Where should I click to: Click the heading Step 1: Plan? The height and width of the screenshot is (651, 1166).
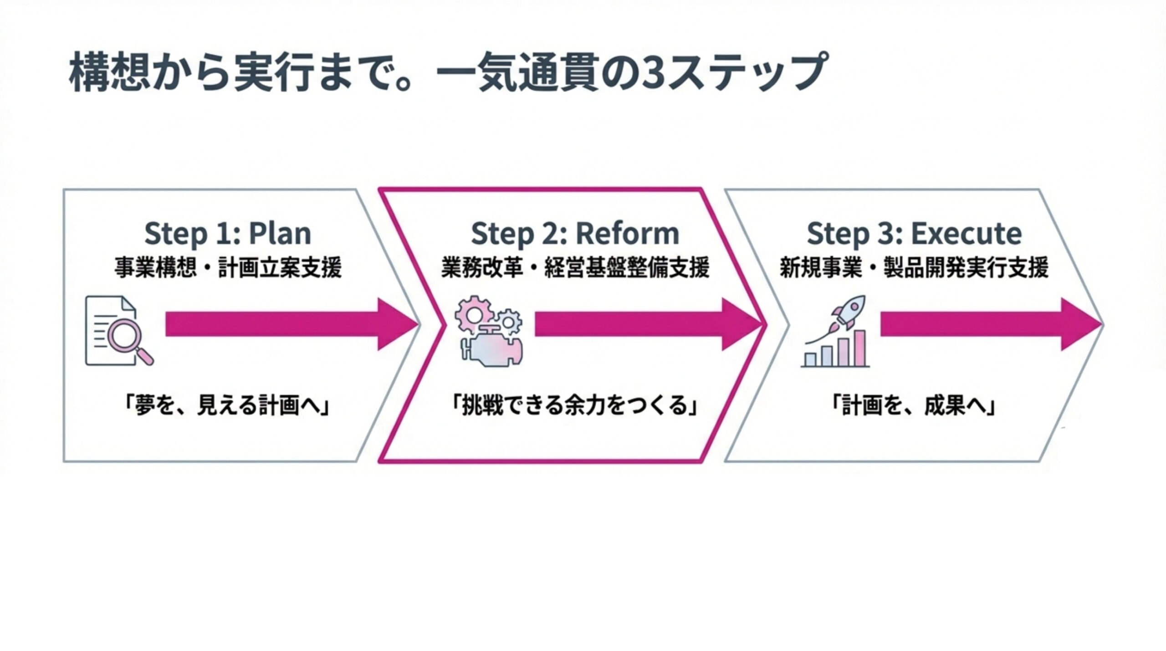click(x=228, y=233)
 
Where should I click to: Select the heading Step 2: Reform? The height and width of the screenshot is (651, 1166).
click(x=575, y=233)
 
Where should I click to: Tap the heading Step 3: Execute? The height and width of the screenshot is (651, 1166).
click(x=914, y=233)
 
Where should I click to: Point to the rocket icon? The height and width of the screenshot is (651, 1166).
click(x=849, y=312)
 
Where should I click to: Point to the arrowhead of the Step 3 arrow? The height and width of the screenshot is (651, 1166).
click(x=1082, y=324)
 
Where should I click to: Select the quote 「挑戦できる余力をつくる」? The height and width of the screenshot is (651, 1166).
click(x=575, y=405)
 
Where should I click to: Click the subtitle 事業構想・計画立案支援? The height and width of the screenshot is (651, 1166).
click(x=228, y=268)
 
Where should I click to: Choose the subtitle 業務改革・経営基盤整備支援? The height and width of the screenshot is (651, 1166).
click(x=575, y=268)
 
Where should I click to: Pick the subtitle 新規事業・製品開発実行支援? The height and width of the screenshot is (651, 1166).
click(x=914, y=268)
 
